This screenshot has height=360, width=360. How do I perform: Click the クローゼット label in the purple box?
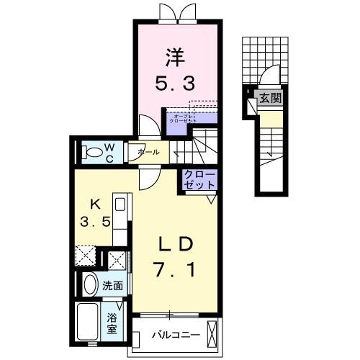pos(199,180)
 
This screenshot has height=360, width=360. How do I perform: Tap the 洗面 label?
pos(113,286)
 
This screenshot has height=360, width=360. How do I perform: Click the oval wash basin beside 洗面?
pos(90,285)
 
